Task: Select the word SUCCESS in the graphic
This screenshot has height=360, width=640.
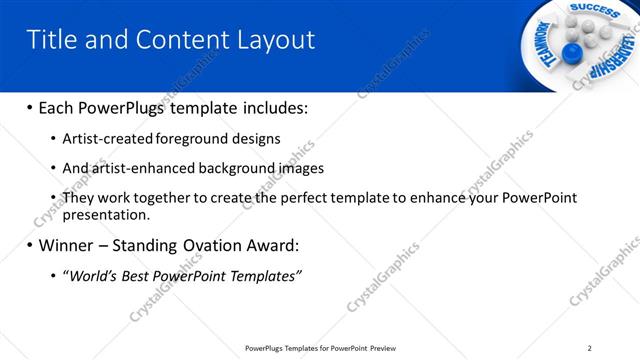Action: pyautogui.click(x=597, y=9)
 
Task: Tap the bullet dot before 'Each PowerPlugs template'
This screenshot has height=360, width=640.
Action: pyautogui.click(x=30, y=107)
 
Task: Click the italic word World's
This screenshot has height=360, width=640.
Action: pyautogui.click(x=92, y=275)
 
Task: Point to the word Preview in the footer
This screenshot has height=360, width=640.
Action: pyautogui.click(x=382, y=348)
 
